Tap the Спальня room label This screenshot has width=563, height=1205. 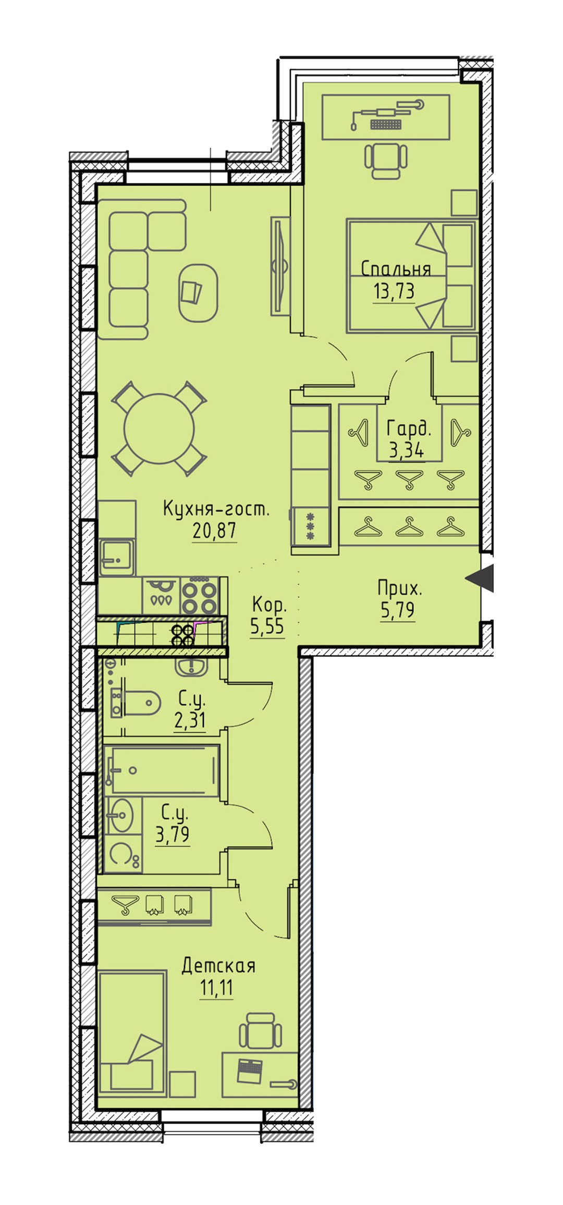(396, 269)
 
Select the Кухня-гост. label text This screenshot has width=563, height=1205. (216, 509)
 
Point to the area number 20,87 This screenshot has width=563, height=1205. (214, 531)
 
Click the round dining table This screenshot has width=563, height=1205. (159, 428)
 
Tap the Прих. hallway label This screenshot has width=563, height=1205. (400, 589)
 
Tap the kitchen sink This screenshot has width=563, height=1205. (116, 557)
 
